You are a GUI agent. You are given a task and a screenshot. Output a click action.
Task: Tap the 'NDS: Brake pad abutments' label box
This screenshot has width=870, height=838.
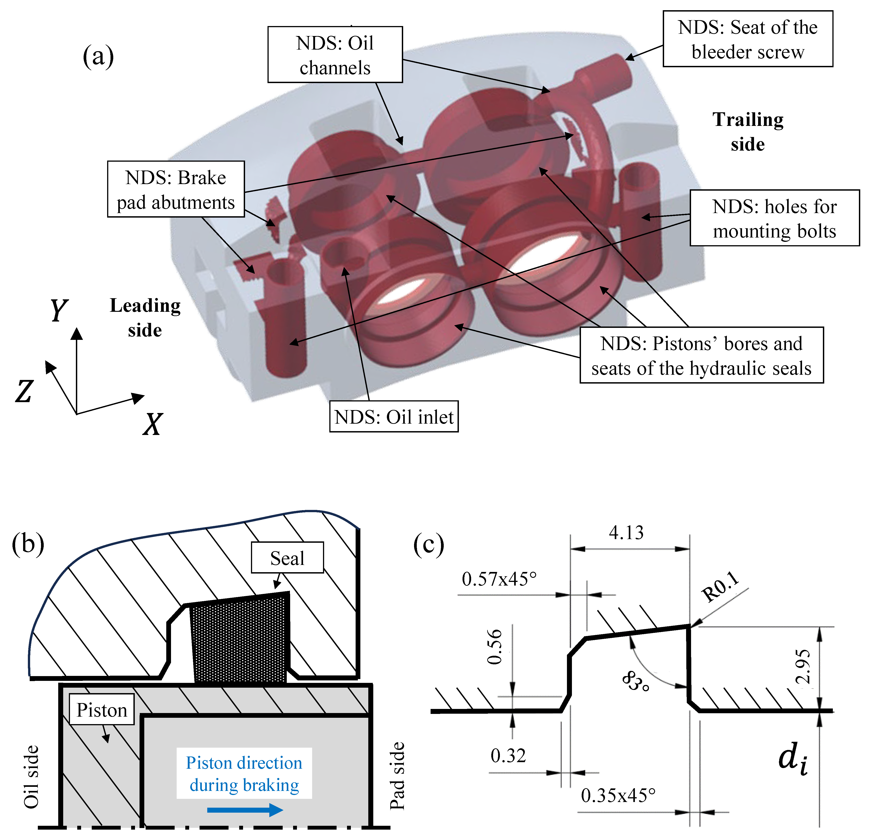[x=176, y=190]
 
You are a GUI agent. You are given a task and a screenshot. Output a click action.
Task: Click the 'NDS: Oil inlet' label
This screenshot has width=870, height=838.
[x=394, y=417]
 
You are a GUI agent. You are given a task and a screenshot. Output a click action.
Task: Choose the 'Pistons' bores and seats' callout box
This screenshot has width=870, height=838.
[x=701, y=355]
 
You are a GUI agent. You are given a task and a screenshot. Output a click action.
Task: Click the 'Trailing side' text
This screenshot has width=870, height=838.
[x=748, y=132]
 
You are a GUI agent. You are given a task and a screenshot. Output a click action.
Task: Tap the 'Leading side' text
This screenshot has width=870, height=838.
[x=145, y=318]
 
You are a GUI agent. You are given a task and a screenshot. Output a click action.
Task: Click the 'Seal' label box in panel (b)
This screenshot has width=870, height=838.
[x=287, y=558]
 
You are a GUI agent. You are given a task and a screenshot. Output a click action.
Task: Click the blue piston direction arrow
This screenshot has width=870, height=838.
[x=245, y=810]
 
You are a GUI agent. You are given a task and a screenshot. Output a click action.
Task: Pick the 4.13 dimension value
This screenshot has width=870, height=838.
[x=626, y=532]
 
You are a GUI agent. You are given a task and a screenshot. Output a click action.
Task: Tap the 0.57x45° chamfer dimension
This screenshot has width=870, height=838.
[x=499, y=579]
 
